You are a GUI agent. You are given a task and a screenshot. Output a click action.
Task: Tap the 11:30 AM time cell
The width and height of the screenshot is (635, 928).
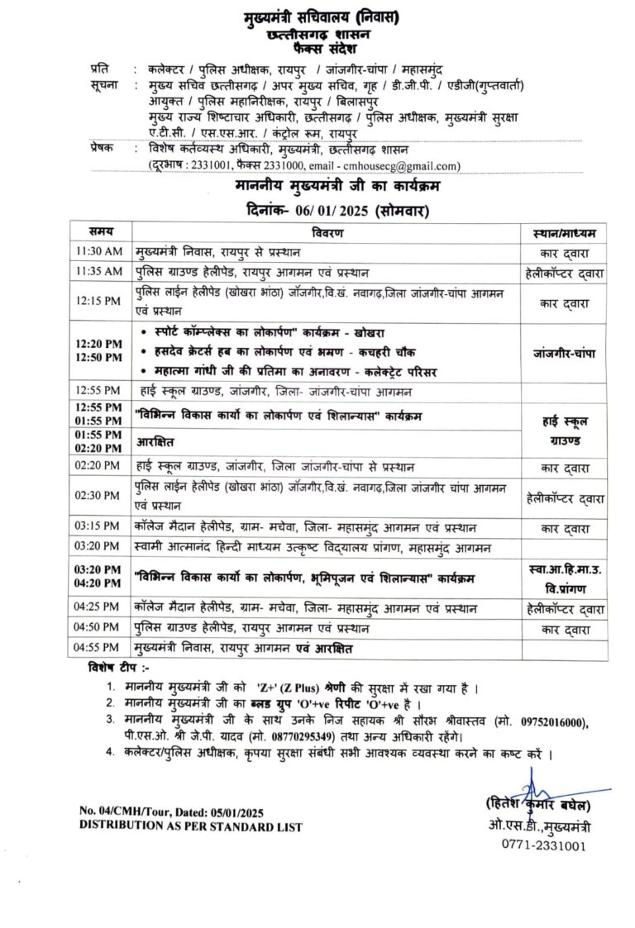(98, 251)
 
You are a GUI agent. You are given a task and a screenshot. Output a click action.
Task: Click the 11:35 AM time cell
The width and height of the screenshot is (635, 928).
(98, 271)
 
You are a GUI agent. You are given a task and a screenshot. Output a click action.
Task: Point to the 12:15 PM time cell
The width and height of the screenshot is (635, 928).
(98, 302)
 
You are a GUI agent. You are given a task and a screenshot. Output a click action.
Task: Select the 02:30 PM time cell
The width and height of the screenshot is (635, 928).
(98, 495)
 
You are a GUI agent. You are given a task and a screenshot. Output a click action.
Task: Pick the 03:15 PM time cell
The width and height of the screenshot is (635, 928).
(98, 527)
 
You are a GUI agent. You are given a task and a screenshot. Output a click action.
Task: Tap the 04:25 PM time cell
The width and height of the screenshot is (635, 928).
(98, 608)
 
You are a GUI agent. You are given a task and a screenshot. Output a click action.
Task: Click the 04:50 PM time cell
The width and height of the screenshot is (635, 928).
(98, 629)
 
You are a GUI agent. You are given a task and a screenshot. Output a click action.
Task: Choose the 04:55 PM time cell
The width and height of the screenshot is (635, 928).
(98, 649)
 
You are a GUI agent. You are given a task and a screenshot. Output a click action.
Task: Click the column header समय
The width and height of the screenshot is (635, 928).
(98, 231)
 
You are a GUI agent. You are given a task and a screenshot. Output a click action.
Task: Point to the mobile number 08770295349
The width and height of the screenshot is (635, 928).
(305, 736)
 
